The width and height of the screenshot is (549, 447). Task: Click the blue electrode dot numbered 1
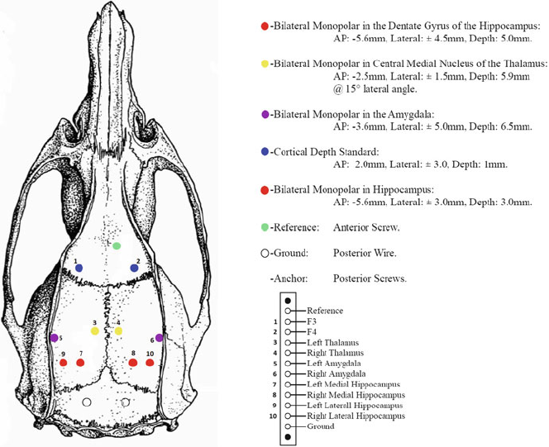click(x=79, y=268)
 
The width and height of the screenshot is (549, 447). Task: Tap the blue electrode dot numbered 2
click(x=135, y=268)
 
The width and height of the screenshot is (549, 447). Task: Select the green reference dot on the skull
click(x=117, y=245)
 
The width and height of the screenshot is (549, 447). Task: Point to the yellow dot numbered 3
click(x=95, y=330)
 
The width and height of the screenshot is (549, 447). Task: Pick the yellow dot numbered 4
click(x=118, y=330)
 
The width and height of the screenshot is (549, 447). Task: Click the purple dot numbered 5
click(x=54, y=338)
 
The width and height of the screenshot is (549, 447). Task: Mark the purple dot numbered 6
click(x=159, y=337)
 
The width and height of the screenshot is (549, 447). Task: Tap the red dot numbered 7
click(x=81, y=363)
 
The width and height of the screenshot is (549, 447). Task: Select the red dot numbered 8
click(x=132, y=363)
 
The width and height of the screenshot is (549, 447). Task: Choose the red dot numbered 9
click(x=63, y=363)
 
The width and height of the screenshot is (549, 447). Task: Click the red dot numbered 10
click(x=150, y=363)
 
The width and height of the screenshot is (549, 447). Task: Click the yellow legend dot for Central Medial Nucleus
click(x=264, y=64)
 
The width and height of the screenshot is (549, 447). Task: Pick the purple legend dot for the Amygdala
click(x=264, y=113)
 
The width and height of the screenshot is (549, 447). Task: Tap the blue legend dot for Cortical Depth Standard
click(x=264, y=151)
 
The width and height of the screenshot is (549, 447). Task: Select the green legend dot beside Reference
click(x=264, y=226)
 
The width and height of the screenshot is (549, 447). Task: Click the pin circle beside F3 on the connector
click(x=287, y=321)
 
